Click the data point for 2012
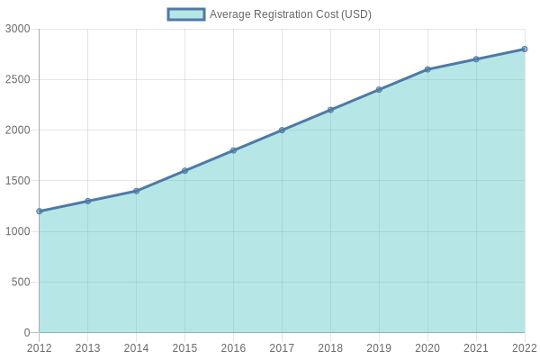click(40, 211)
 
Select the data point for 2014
click(137, 191)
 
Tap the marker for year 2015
click(185, 171)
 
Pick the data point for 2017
click(282, 130)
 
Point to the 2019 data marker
click(379, 90)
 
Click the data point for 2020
click(427, 69)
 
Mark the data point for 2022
click(525, 49)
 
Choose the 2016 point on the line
click(233, 150)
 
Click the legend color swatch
click(186, 14)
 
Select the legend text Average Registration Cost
click(290, 14)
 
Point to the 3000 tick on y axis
click(18, 29)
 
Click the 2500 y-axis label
click(18, 80)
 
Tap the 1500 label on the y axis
click(18, 181)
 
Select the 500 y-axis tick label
click(21, 283)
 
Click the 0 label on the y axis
click(27, 333)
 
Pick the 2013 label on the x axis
click(88, 348)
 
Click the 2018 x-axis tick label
click(330, 348)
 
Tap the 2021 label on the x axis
click(476, 348)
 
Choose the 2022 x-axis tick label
click(524, 348)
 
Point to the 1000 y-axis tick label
click(18, 231)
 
